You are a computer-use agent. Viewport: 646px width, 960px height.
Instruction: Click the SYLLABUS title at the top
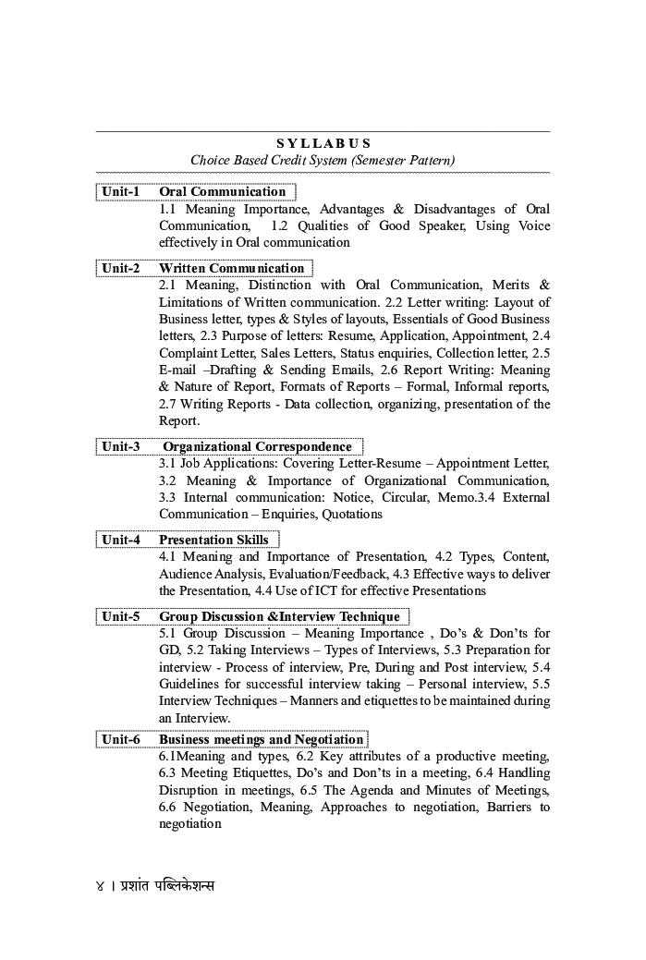(x=323, y=143)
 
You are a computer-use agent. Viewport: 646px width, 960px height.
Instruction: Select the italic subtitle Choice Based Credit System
(x=323, y=160)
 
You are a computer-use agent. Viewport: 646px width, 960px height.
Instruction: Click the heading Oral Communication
(x=223, y=192)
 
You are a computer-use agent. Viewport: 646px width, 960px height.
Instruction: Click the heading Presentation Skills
(x=213, y=540)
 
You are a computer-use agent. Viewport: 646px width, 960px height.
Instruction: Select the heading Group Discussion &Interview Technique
(x=279, y=616)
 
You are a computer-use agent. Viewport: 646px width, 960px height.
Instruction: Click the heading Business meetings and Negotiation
(x=262, y=739)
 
